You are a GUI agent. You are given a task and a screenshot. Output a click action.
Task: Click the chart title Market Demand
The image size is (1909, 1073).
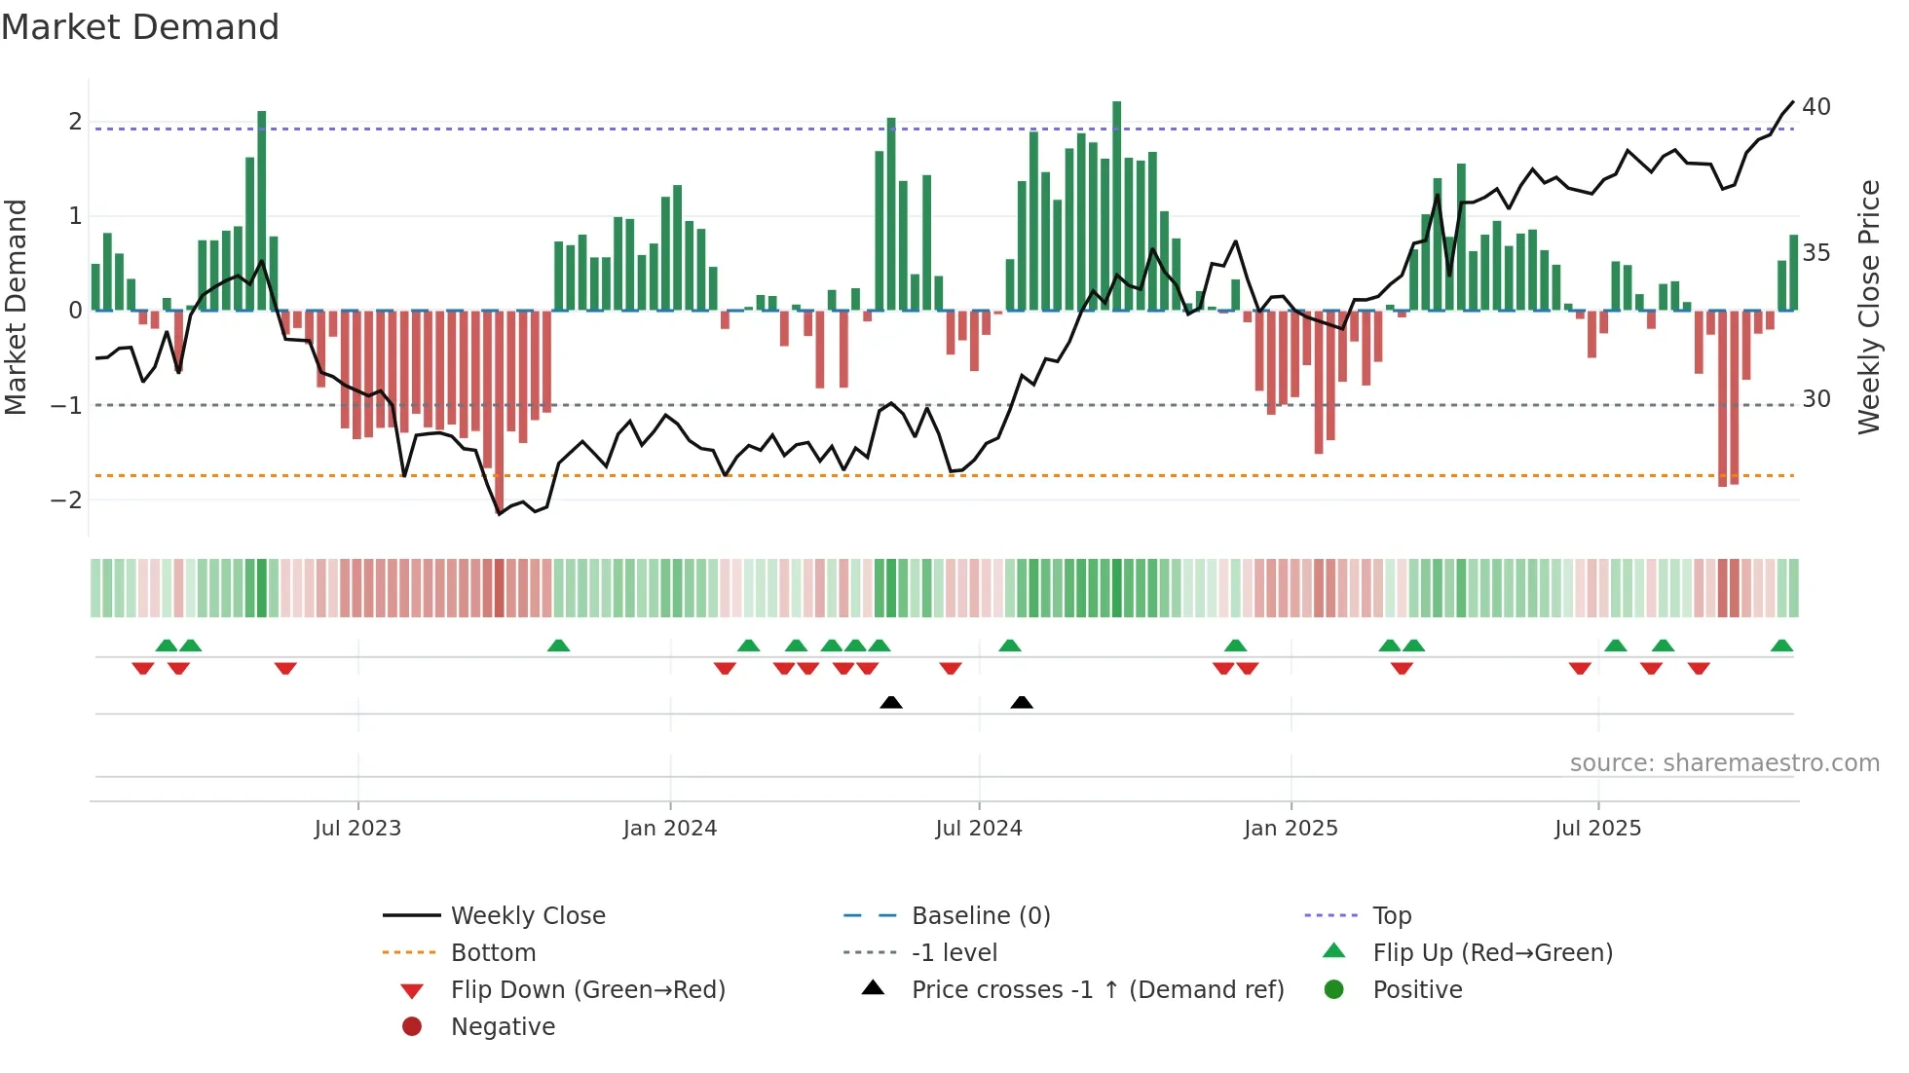click(x=140, y=27)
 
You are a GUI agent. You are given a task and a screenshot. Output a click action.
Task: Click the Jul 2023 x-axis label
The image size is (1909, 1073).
click(x=357, y=829)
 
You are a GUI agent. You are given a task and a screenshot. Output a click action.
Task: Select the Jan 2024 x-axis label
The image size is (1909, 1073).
click(x=670, y=829)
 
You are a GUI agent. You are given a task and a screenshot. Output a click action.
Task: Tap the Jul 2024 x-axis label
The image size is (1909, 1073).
click(x=979, y=829)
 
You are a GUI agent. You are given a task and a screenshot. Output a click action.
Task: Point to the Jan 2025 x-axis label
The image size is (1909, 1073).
click(x=1291, y=829)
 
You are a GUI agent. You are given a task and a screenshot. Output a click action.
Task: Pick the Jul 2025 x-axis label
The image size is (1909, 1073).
click(x=1597, y=829)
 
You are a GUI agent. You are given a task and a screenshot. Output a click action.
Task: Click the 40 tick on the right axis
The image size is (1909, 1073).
click(x=1815, y=106)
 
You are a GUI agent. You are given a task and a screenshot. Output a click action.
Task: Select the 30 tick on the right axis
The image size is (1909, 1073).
click(x=1815, y=399)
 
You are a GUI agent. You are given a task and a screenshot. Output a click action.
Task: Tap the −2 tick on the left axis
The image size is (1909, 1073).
click(x=67, y=500)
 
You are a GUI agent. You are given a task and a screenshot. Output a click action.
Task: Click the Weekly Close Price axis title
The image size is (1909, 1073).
click(x=1868, y=307)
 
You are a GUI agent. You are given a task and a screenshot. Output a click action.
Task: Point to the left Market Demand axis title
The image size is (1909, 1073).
click(x=16, y=307)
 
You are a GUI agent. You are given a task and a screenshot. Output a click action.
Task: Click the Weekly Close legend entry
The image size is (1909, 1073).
click(x=527, y=916)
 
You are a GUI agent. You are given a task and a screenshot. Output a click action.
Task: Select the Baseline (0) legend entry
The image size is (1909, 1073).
click(x=980, y=916)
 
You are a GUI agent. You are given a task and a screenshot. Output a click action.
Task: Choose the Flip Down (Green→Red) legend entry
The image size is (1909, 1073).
click(x=587, y=990)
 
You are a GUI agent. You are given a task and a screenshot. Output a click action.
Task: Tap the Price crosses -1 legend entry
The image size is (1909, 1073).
click(x=1097, y=990)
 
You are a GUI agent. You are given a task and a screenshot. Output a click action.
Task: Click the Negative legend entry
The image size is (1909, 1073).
click(x=503, y=1027)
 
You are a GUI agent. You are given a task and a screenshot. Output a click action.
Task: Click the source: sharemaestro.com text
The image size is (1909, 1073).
click(x=1724, y=763)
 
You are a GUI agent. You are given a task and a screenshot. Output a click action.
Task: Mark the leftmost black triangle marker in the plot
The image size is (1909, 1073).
click(x=890, y=702)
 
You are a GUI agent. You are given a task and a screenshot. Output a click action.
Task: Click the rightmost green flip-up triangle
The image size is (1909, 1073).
click(x=1781, y=646)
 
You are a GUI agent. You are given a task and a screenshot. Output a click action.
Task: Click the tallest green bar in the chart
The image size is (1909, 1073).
click(x=1116, y=205)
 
